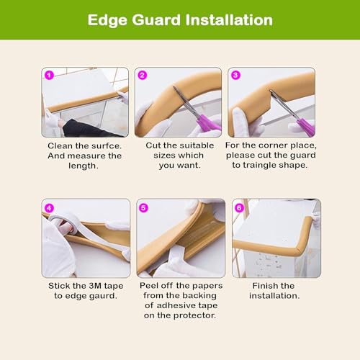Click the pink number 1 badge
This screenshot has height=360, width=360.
click(49, 76)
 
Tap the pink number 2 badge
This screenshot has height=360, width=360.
click(143, 76)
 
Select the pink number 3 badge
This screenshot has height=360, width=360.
click(235, 75)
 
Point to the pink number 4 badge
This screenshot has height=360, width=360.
click(49, 208)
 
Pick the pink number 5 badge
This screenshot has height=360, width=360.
click(143, 208)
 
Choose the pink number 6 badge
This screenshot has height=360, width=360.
click(239, 208)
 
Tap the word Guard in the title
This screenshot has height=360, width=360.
click(156, 20)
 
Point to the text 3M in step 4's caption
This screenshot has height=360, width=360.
click(95, 286)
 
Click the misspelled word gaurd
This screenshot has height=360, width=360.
click(103, 296)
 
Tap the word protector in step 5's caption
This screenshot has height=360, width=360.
click(198, 315)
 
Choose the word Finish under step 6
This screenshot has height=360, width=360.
click(263, 286)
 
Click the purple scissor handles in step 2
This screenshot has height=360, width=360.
click(208, 122)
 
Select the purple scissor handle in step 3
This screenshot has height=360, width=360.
click(305, 127)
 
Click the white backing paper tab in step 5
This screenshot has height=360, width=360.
click(176, 257)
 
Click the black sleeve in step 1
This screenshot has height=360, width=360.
click(86, 128)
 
